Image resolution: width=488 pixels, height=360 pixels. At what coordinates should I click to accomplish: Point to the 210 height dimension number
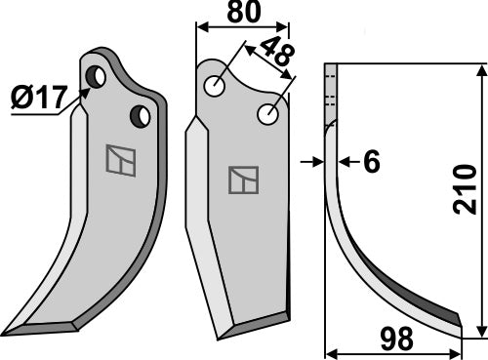(x=467, y=196)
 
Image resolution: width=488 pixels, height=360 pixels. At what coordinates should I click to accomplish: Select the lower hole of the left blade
(x=141, y=117)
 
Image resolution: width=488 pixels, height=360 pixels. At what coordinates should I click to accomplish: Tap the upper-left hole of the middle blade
(x=215, y=86)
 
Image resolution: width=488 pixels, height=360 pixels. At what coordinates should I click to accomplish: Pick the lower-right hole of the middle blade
(x=267, y=114)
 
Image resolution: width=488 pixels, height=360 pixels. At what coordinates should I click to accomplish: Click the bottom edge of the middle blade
(x=256, y=318)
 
